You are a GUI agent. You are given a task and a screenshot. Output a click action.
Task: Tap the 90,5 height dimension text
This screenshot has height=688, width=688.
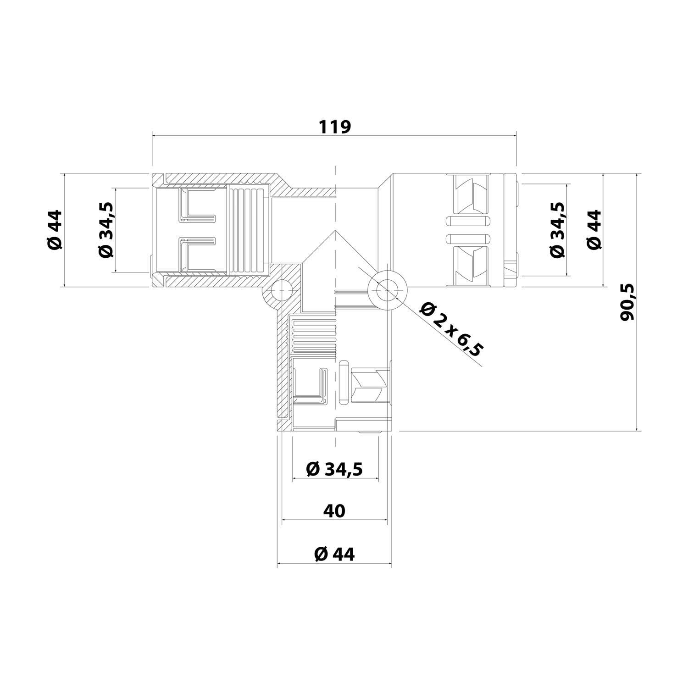coord(627,302)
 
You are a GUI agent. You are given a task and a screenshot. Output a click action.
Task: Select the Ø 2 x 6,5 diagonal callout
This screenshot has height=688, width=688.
coord(451,329)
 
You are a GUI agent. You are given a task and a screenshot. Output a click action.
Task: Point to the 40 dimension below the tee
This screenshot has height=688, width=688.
coord(334,510)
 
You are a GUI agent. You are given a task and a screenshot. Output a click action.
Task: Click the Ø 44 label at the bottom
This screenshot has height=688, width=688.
coord(334,554)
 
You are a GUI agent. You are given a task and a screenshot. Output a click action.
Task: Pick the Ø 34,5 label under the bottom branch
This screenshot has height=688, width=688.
coord(334,469)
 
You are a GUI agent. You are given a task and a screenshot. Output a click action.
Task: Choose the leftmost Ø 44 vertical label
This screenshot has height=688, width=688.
coord(54,230)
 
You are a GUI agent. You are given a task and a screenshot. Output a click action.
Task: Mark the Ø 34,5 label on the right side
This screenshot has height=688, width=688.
coord(557,230)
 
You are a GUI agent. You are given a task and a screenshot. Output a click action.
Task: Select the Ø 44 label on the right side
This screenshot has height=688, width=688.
coord(594,230)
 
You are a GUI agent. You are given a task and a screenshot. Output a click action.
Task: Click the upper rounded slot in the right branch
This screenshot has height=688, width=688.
coord(468,222)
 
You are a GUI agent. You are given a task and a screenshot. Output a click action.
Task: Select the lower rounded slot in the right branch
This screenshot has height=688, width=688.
coord(468,239)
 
